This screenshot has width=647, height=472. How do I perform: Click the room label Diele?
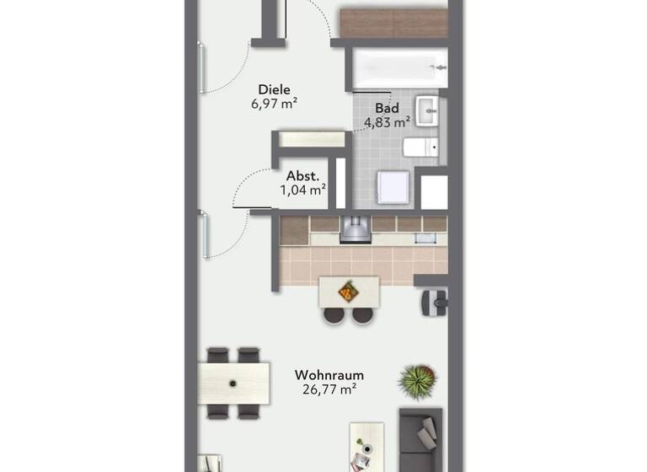point(274,88)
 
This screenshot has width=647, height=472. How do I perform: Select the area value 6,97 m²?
point(274,104)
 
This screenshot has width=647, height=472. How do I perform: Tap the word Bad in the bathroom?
point(387,108)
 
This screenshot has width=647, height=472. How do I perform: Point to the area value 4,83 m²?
point(387,122)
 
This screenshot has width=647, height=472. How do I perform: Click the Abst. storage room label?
point(302,175)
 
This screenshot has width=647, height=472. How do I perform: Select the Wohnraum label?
point(324,373)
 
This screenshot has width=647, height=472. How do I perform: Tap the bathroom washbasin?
point(428,110)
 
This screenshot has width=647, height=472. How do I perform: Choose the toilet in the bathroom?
point(421,149)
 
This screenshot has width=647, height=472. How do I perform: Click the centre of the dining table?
point(234,383)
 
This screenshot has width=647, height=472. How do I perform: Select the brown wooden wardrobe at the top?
point(393,21)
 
